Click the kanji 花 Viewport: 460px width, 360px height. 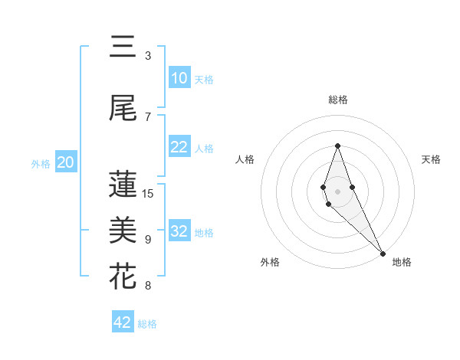point(123,276)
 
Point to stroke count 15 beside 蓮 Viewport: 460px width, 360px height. point(148,193)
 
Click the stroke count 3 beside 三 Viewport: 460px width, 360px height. point(148,55)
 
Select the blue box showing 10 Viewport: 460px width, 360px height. point(179,78)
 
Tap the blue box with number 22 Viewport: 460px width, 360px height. point(179,148)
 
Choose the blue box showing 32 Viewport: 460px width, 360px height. point(179,231)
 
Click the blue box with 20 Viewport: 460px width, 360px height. point(66,162)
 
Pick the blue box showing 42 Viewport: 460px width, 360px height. point(123,322)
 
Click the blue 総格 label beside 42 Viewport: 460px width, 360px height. point(147,324)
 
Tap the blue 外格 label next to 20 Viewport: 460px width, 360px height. point(41,163)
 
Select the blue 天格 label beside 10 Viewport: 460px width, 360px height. point(203,80)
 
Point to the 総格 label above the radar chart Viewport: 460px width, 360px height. point(337,100)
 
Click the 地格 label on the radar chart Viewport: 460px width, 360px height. point(402,262)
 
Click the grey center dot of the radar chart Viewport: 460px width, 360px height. point(337,191)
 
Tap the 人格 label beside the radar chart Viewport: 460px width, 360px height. point(245,159)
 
